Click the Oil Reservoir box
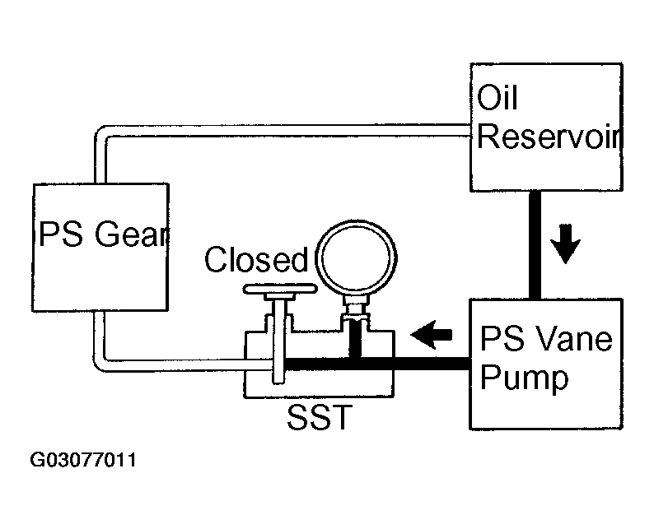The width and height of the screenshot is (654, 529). click(546, 128)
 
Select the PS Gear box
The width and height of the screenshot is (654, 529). click(100, 248)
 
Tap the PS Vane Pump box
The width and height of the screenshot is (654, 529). click(546, 364)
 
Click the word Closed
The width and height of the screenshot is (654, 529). click(256, 259)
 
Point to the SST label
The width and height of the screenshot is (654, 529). click(320, 417)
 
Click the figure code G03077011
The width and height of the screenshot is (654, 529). click(83, 460)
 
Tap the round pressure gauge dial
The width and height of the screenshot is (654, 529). click(357, 258)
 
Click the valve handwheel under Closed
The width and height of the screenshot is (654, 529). click(280, 288)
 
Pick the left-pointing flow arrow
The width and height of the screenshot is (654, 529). click(432, 335)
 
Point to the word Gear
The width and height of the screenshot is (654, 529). click(132, 234)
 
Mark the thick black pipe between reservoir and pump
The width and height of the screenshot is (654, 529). click(535, 245)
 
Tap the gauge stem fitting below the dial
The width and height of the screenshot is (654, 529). click(354, 310)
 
